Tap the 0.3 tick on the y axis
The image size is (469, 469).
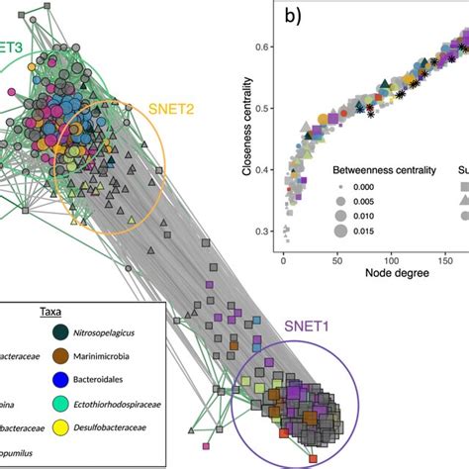[263, 231]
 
